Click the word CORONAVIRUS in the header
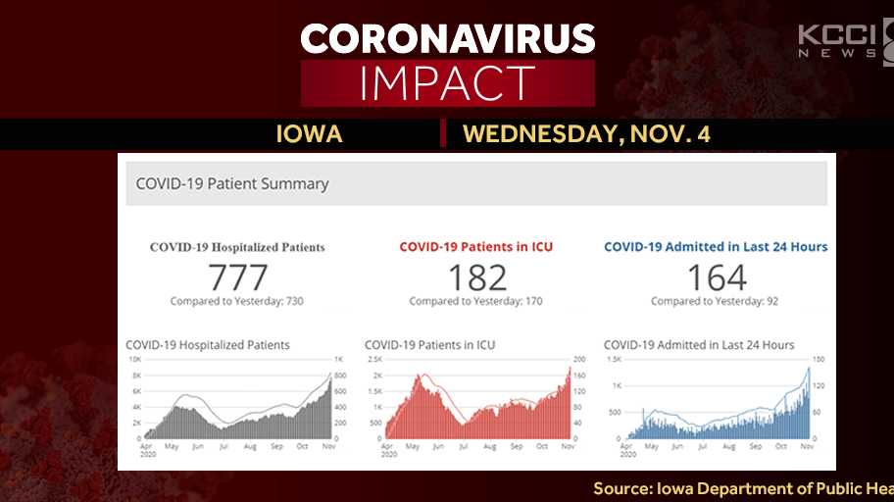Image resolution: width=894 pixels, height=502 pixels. click(x=447, y=38)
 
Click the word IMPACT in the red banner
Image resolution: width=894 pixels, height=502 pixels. click(x=447, y=83)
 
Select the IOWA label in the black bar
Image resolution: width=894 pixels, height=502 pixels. click(x=310, y=134)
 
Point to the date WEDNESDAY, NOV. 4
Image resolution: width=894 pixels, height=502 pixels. click(x=586, y=134)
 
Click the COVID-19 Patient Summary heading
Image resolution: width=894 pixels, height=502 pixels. click(x=232, y=183)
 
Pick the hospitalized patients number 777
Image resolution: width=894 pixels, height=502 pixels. click(x=237, y=277)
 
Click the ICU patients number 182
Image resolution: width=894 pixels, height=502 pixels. click(x=476, y=277)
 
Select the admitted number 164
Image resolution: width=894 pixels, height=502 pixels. click(x=716, y=277)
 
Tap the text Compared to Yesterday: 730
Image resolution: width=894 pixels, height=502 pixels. click(x=237, y=301)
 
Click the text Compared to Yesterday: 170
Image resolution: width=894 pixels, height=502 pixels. click(x=476, y=301)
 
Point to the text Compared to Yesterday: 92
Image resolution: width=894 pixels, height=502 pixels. click(x=716, y=301)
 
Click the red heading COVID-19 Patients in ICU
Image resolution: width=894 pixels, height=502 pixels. click(x=476, y=247)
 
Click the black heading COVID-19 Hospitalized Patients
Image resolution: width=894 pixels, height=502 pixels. click(x=237, y=247)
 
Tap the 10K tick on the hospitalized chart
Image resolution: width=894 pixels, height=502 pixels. click(x=134, y=361)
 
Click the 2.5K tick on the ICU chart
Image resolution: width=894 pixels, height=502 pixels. click(x=374, y=361)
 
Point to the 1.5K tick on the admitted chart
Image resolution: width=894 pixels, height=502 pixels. click(x=614, y=361)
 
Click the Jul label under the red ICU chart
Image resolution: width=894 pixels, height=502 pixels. click(x=463, y=446)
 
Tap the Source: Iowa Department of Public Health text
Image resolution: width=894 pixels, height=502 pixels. click(x=743, y=487)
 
